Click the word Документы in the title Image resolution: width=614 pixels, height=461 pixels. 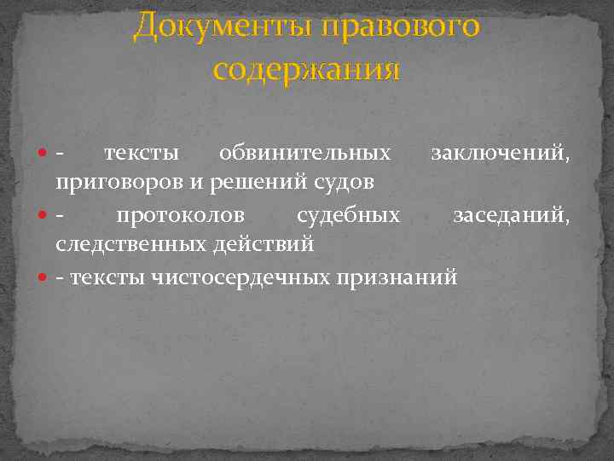point(223,27)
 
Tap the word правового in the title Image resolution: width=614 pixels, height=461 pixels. point(402,27)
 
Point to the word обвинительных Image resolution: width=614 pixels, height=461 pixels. point(305,154)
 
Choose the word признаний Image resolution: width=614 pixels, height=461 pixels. point(399,277)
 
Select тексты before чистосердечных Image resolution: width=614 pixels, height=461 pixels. point(107,277)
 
